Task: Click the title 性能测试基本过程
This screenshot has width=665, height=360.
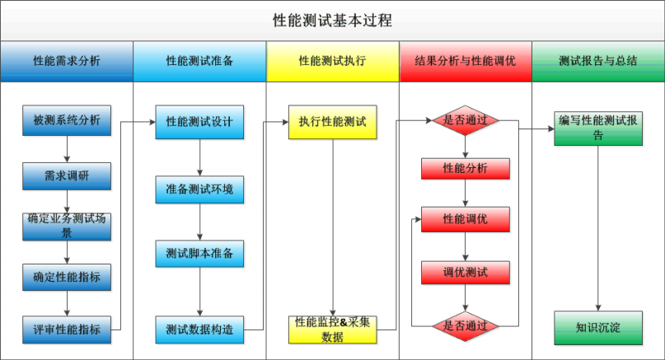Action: (332, 20)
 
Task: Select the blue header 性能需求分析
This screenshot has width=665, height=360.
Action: (67, 61)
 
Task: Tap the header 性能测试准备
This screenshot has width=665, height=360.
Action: (199, 61)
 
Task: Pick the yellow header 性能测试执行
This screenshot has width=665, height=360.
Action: (332, 61)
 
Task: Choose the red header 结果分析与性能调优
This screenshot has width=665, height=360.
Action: (466, 61)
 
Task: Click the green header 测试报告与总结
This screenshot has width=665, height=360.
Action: (597, 61)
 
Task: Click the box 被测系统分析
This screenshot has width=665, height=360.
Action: (67, 121)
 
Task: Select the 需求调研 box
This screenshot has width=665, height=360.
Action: (67, 175)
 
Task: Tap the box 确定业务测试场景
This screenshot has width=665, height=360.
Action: (67, 226)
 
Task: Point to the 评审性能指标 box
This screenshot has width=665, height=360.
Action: (67, 330)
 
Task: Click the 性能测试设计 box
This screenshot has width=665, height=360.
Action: (199, 121)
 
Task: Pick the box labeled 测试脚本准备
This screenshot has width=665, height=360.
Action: (199, 254)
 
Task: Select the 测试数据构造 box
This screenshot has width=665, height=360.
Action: (199, 330)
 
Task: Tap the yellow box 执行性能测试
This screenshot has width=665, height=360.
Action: (332, 121)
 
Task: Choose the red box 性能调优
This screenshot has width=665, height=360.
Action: (466, 220)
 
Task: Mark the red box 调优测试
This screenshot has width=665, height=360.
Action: (466, 273)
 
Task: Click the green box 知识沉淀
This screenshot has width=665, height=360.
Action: (598, 328)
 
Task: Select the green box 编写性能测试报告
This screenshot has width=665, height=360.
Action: (598, 128)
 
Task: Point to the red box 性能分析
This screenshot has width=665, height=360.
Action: (466, 168)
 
